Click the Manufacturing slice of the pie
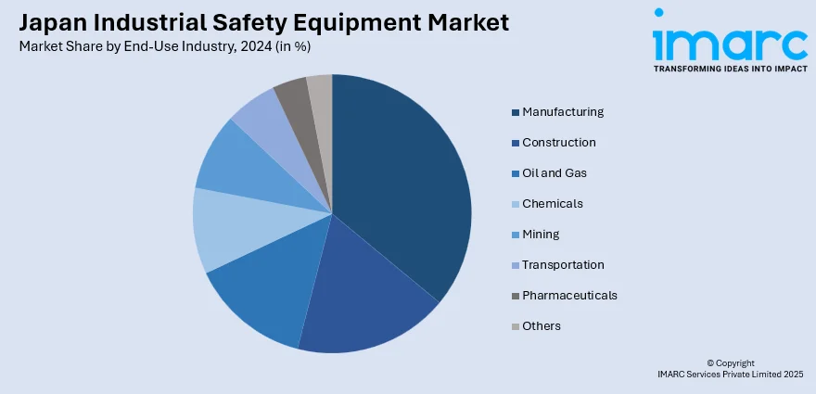(399, 176)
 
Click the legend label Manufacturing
(563, 112)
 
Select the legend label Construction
(559, 143)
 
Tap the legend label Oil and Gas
(555, 173)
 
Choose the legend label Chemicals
(553, 204)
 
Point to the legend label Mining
(541, 235)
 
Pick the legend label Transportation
(563, 265)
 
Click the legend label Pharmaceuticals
(569, 296)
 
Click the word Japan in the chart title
(48, 22)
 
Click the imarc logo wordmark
(729, 41)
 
